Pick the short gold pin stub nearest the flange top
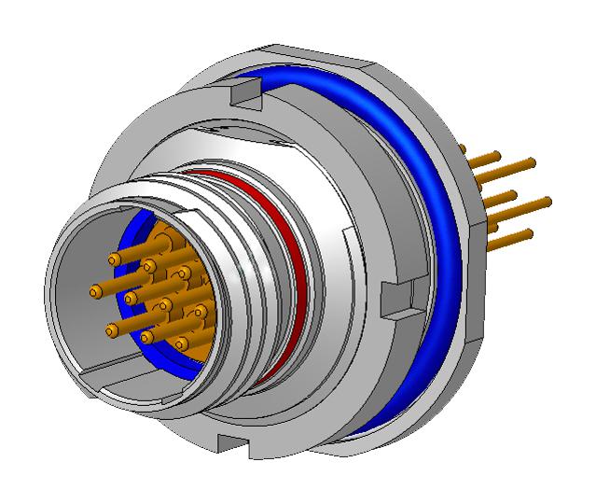click(464, 149)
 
